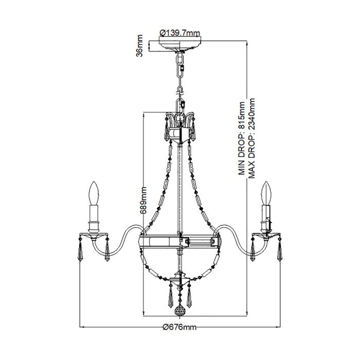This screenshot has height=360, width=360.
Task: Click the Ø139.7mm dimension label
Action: [179, 33]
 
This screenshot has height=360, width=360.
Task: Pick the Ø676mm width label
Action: [179, 328]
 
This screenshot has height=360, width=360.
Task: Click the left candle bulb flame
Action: [94, 193]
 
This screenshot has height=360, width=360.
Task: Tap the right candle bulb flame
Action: [266, 193]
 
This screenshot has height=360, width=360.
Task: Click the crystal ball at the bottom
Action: [179, 312]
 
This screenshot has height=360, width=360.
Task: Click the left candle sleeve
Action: [94, 216]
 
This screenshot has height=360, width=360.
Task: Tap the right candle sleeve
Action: [266, 216]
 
